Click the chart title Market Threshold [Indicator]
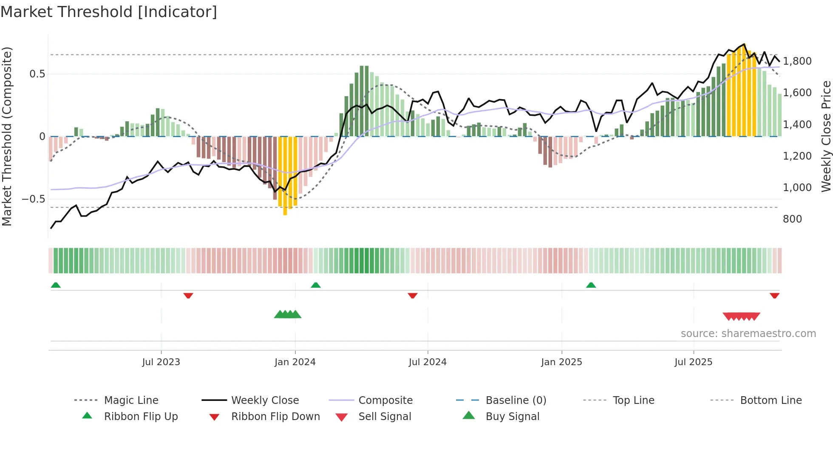coord(109,12)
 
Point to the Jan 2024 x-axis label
coord(295,362)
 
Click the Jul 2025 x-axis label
coord(693,362)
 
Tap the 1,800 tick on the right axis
coord(797,61)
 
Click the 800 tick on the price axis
coord(792,219)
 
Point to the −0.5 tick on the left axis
coord(33,199)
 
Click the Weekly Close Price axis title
coord(826,136)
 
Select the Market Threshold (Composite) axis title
coord(7,136)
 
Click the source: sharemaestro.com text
coord(748,333)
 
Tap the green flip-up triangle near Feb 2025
coord(591,285)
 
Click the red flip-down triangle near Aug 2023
coord(188,295)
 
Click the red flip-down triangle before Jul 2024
coord(412,295)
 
